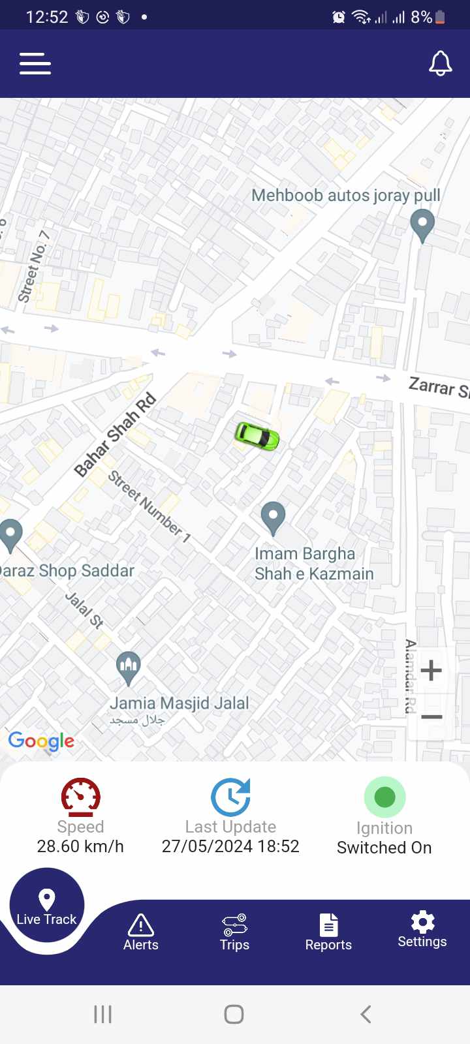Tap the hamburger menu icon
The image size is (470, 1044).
click(x=35, y=64)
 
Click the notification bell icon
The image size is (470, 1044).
click(x=440, y=63)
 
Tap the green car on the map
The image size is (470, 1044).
click(x=257, y=435)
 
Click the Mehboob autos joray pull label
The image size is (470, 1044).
click(x=345, y=195)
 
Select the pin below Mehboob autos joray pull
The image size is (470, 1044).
click(x=422, y=224)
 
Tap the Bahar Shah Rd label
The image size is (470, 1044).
click(x=116, y=434)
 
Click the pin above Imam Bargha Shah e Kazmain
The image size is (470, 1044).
click(x=273, y=517)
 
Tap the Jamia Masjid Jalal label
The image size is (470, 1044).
click(x=179, y=703)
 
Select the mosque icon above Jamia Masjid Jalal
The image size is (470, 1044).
click(x=129, y=667)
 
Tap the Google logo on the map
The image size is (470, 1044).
click(x=41, y=741)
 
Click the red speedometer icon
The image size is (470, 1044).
click(x=80, y=797)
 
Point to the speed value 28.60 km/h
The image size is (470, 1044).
click(x=80, y=846)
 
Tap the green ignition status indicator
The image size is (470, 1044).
click(x=384, y=797)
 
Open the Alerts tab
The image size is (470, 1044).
click(x=141, y=932)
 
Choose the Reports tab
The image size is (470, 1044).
click(x=328, y=932)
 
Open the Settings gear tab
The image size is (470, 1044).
click(x=422, y=929)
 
